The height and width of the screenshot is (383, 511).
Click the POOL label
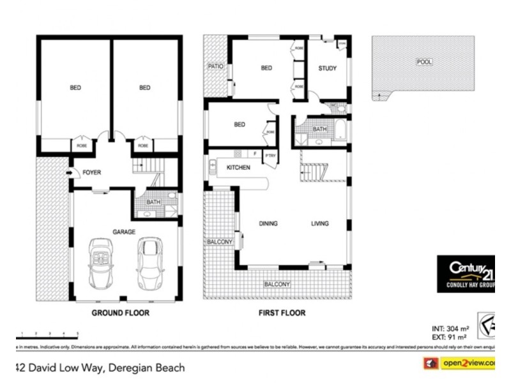tap(423, 62)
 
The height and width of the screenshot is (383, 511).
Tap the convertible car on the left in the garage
tap(102, 262)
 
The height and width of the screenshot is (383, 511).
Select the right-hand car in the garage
tap(149, 261)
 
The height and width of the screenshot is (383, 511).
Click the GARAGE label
tap(124, 232)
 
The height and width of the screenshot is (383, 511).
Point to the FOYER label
tap(91, 172)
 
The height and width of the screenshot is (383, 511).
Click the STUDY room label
tap(327, 68)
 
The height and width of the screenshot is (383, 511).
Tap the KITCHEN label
tap(238, 167)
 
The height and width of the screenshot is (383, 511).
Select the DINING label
tap(268, 223)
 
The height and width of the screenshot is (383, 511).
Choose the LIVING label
tap(319, 223)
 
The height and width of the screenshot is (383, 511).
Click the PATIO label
tap(215, 66)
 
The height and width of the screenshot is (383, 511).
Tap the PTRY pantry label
tap(270, 155)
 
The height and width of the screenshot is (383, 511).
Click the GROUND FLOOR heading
tap(121, 313)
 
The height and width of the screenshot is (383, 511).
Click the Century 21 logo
tap(465, 273)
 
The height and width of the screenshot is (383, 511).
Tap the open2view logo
tap(459, 363)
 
